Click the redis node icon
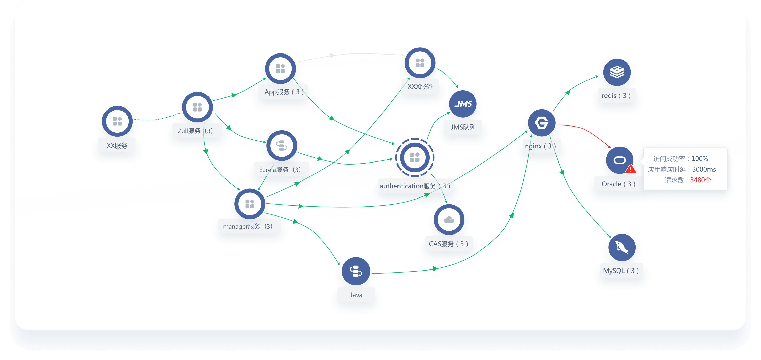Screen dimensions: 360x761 click(x=617, y=72)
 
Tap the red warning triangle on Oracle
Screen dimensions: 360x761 click(x=630, y=169)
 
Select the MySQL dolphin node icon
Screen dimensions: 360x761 click(x=621, y=247)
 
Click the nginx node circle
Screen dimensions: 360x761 click(x=542, y=123)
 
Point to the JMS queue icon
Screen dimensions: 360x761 click(x=463, y=104)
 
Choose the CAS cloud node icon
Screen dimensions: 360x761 click(x=449, y=220)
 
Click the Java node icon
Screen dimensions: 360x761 click(x=356, y=271)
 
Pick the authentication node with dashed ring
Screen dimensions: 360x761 click(x=414, y=157)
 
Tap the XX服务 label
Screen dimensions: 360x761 click(x=117, y=146)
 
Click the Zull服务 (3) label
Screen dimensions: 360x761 click(x=195, y=131)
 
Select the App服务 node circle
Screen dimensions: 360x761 click(x=280, y=69)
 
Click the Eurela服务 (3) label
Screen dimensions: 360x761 click(x=280, y=170)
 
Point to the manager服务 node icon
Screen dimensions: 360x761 click(x=250, y=204)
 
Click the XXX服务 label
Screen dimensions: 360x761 click(x=420, y=86)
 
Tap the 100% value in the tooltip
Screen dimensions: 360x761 click(x=700, y=159)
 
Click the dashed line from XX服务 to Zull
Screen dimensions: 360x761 click(x=157, y=119)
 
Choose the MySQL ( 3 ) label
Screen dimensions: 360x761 click(x=621, y=271)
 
